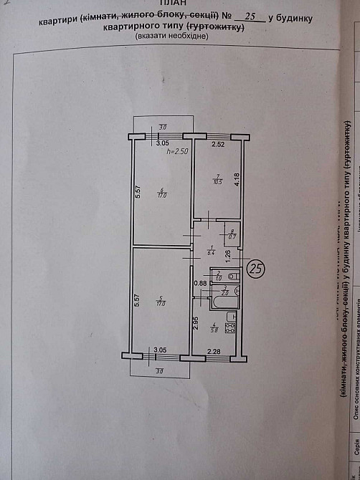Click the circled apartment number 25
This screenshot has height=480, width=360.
click(x=256, y=269)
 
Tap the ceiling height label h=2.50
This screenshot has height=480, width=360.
click(x=176, y=152)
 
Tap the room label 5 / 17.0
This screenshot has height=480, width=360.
click(x=162, y=301)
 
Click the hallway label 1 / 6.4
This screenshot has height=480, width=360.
click(x=211, y=251)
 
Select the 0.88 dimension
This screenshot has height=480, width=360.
click(x=200, y=283)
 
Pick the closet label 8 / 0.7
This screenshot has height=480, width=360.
click(x=232, y=234)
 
